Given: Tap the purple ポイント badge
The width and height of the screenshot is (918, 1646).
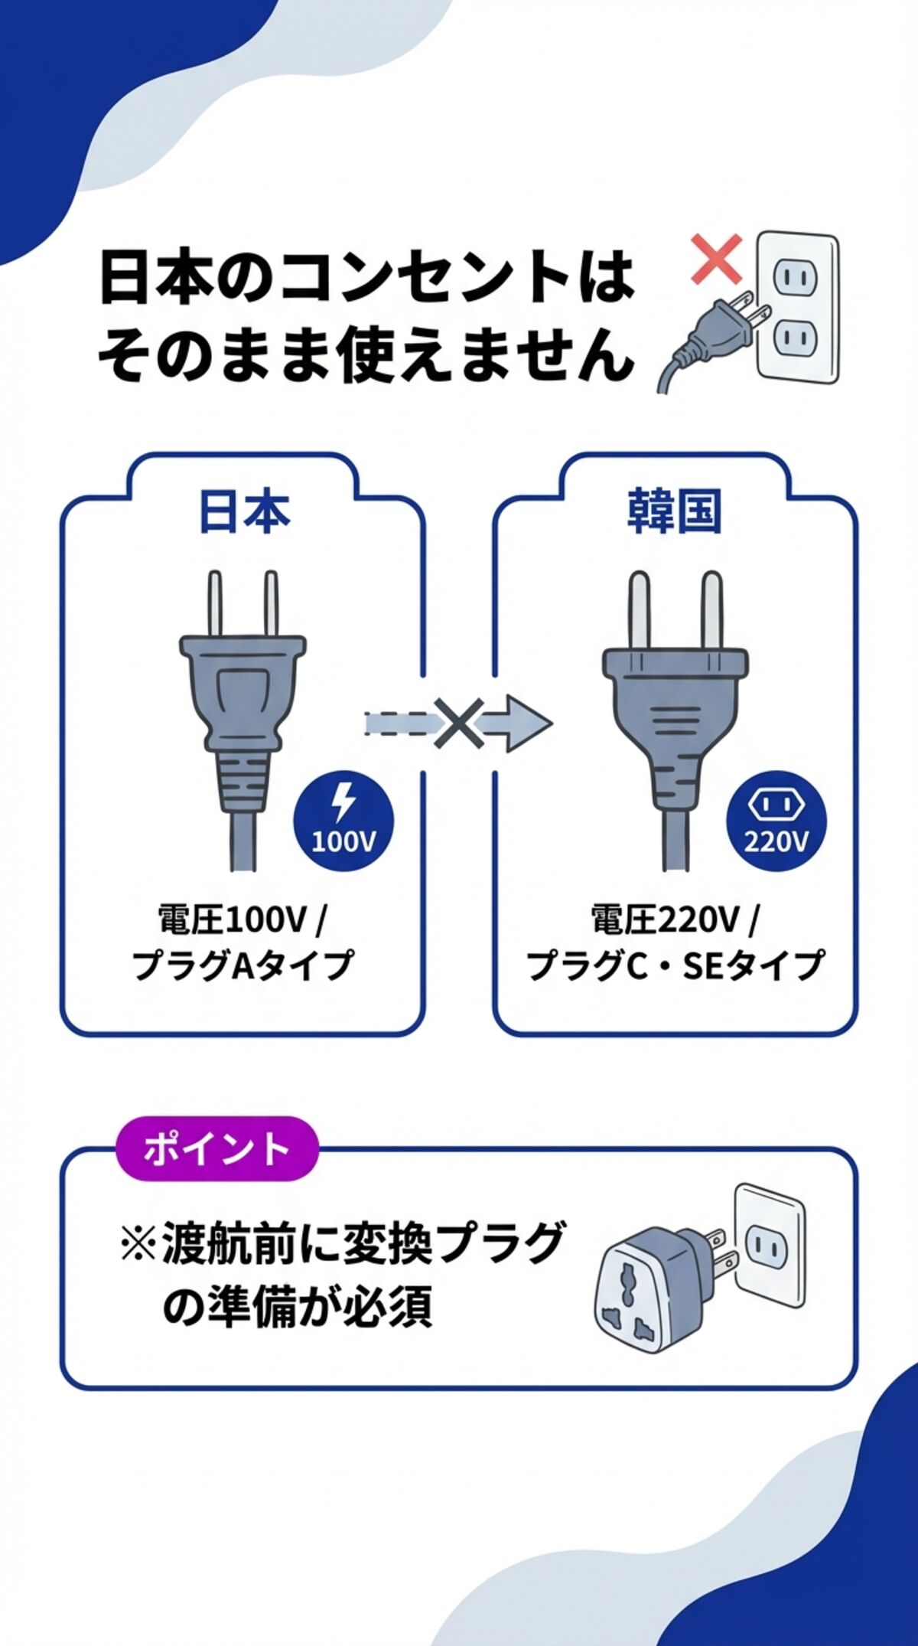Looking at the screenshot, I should point(216,1148).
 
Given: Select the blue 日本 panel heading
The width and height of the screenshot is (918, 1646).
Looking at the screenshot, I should point(244,512).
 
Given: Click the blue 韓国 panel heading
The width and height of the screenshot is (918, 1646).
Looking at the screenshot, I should point(674,512).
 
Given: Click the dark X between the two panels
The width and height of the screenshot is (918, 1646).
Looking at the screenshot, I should point(458,723).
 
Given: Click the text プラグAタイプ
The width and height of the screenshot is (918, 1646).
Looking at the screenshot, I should point(243,964).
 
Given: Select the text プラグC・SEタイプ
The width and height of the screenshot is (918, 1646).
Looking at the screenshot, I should point(675,964).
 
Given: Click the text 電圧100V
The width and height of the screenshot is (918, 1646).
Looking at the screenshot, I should point(233,919).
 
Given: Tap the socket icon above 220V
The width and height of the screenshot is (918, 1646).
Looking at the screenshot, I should point(776,804).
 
